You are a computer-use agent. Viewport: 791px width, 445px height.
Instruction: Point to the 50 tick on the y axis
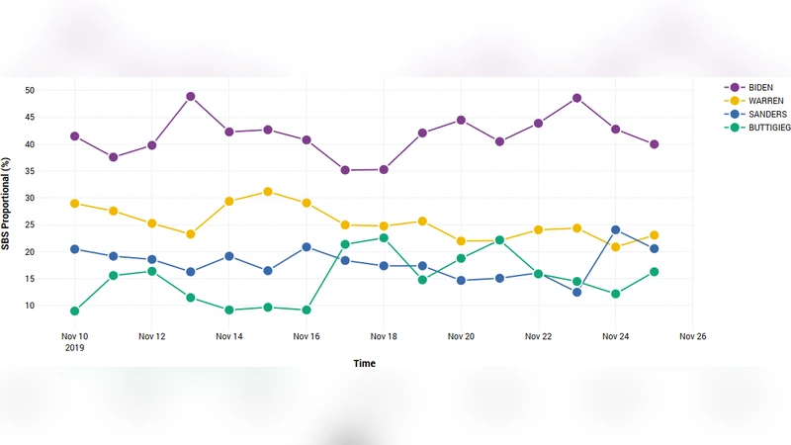[30, 91]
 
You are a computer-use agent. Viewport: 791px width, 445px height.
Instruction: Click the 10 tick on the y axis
[30, 306]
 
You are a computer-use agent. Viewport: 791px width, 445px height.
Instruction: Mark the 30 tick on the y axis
[30, 198]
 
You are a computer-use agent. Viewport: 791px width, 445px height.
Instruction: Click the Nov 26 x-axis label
[692, 337]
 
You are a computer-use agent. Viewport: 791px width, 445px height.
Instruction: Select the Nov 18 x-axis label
[384, 337]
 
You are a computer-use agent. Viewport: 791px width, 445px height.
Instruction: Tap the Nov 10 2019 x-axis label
[75, 342]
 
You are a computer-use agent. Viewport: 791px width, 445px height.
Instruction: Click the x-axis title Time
[364, 364]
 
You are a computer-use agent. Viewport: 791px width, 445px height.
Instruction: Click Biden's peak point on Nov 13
[191, 97]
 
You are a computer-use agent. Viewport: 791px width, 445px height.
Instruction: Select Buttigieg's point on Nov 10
[75, 311]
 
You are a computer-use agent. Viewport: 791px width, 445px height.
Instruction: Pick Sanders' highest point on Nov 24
[615, 230]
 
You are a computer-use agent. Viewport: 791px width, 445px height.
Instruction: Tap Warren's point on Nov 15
[268, 192]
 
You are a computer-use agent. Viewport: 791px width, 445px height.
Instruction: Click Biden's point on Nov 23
[576, 98]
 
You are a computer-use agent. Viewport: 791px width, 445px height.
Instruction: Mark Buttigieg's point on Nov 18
[384, 238]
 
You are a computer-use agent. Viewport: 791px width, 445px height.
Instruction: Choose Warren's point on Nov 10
[75, 204]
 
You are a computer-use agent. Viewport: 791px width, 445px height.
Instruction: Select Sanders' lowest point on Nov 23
[576, 292]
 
